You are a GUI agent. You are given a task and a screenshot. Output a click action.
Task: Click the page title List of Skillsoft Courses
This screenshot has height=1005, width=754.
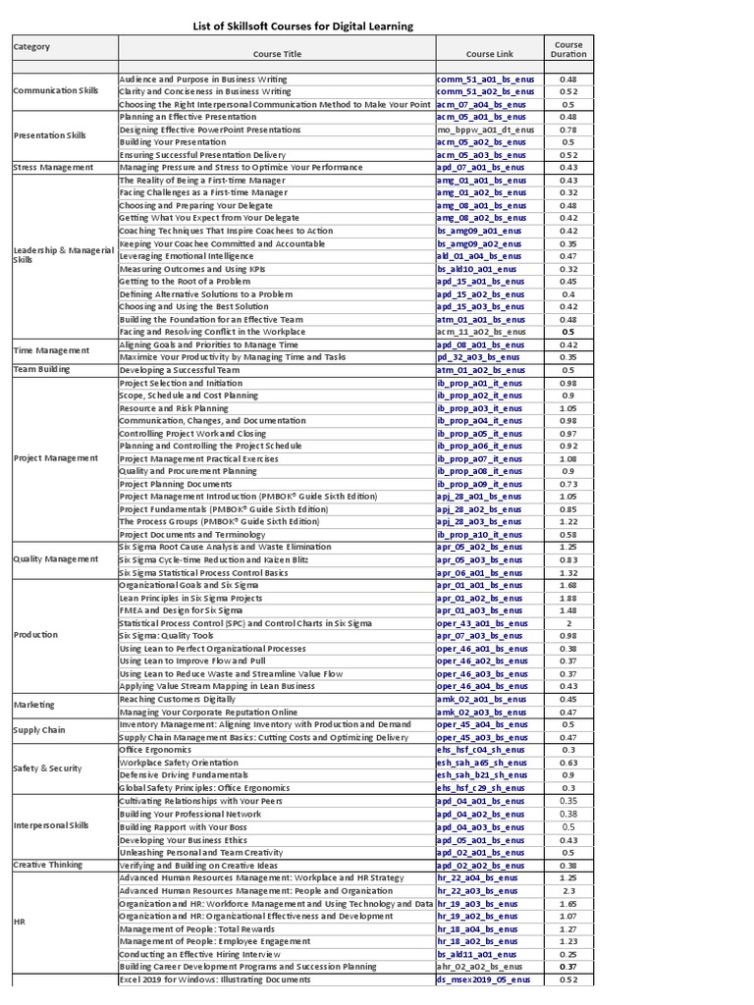click(x=301, y=26)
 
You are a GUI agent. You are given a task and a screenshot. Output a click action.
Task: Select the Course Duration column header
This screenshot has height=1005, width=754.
click(x=568, y=49)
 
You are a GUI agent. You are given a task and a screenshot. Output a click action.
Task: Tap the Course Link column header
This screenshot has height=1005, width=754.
click(x=488, y=54)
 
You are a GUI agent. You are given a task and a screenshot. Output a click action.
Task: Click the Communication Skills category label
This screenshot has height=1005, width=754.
click(x=56, y=90)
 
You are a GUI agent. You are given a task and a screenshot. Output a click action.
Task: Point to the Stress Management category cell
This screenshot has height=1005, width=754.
click(x=53, y=167)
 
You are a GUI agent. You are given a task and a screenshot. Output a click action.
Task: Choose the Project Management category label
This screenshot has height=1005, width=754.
click(x=56, y=458)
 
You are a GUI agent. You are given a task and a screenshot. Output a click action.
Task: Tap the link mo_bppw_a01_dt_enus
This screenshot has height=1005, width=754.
click(x=486, y=129)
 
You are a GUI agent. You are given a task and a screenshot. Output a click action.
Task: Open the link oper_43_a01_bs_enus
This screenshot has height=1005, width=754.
click(x=482, y=623)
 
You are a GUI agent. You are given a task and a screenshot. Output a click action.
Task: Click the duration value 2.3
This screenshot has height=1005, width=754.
click(x=568, y=890)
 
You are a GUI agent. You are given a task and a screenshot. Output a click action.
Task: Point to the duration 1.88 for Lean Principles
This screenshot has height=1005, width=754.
click(x=568, y=598)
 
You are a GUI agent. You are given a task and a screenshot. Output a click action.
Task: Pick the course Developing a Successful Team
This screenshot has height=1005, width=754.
click(x=180, y=370)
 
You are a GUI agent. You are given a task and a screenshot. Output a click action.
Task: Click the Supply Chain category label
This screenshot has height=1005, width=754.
click(x=40, y=730)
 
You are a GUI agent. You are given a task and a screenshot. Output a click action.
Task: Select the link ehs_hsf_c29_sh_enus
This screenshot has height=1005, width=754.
click(x=481, y=787)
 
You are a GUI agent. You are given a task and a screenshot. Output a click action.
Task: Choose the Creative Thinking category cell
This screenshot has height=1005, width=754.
click(x=48, y=865)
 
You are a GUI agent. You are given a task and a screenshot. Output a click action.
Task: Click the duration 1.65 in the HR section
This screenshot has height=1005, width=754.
click(x=568, y=903)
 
